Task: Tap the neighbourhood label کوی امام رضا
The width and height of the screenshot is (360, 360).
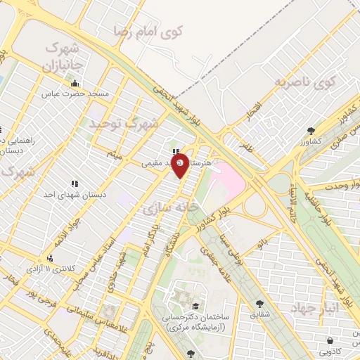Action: (x=147, y=31)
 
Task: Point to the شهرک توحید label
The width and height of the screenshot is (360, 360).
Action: (x=124, y=124)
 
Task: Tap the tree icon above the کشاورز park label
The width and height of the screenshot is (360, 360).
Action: (x=311, y=130)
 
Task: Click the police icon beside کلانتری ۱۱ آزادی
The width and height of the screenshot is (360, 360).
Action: (x=50, y=258)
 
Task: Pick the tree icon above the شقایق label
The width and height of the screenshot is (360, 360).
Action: (x=260, y=304)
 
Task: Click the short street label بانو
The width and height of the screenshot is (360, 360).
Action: (x=263, y=243)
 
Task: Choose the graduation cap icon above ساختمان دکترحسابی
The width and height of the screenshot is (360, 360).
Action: (x=194, y=306)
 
